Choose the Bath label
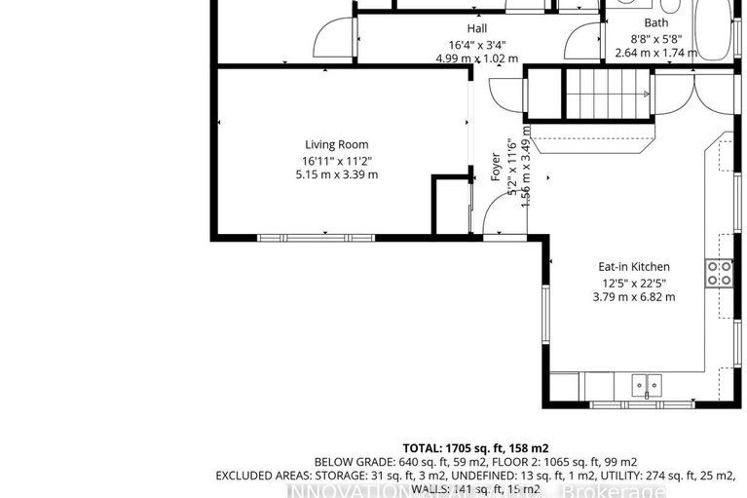click(656, 23)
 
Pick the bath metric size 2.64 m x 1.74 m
click(656, 53)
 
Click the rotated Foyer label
click(496, 168)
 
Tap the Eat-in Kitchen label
click(634, 267)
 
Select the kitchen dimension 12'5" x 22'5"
click(634, 283)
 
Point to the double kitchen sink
click(645, 385)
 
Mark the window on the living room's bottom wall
click(316, 237)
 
